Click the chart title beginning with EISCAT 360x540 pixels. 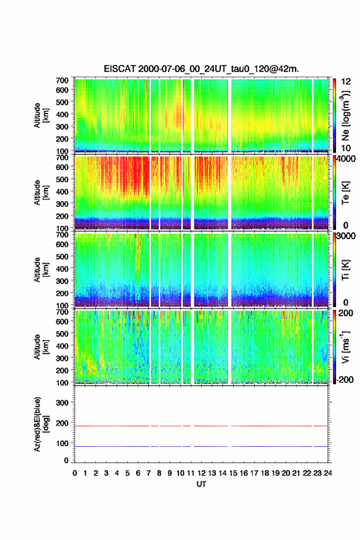pyautogui.click(x=201, y=69)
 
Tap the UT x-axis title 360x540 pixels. pyautogui.click(x=201, y=484)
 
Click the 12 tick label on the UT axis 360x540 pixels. pyautogui.click(x=201, y=473)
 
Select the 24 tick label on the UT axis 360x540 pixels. pyautogui.click(x=327, y=473)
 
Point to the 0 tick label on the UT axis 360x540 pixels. pyautogui.click(x=75, y=473)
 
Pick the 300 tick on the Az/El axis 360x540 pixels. pyautogui.click(x=62, y=403)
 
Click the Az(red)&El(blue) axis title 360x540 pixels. pyautogui.click(x=41, y=424)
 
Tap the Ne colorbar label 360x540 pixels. pyautogui.click(x=345, y=115)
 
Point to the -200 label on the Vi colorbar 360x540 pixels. pyautogui.click(x=344, y=379)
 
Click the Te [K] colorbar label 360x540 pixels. pyautogui.click(x=345, y=193)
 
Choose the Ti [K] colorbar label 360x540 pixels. pyautogui.click(x=345, y=270)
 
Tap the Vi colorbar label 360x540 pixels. pyautogui.click(x=345, y=347)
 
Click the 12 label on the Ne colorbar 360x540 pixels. pyautogui.click(x=346, y=82)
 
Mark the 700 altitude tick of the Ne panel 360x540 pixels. pyautogui.click(x=62, y=80)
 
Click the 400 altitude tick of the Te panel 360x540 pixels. pyautogui.click(x=62, y=191)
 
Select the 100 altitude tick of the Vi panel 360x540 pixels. pyautogui.click(x=62, y=383)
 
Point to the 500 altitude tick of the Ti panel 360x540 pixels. pyautogui.click(x=62, y=256)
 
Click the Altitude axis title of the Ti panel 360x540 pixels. pyautogui.click(x=41, y=270)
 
